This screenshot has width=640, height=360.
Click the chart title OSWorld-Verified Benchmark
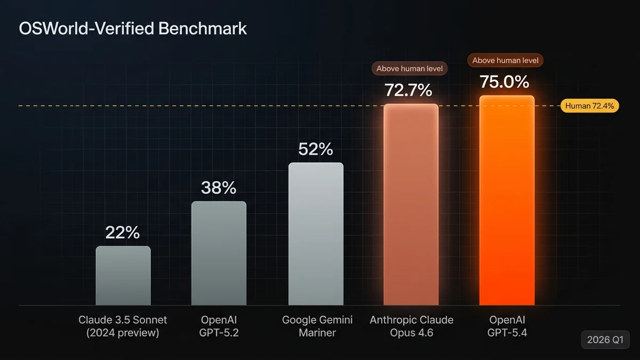coord(133,28)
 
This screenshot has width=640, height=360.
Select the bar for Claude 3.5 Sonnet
coord(123,276)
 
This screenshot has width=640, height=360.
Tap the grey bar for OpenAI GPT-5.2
coord(219,253)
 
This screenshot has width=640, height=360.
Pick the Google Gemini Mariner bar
coord(316,234)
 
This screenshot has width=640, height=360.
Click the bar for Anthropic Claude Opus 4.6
coord(411,205)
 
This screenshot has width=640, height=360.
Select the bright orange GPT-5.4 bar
coord(507,201)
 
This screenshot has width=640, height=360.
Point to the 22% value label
coord(123,233)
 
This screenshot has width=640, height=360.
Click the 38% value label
coord(219,188)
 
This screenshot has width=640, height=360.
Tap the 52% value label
coord(316,149)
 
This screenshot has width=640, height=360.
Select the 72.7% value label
coord(409,90)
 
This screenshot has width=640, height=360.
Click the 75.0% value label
coord(505,82)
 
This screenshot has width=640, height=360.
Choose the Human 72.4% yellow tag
coord(589,106)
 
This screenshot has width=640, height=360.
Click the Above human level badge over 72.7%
coord(410,68)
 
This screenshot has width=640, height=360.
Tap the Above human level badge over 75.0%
coord(505,60)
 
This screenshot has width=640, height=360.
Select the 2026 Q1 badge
coord(605,339)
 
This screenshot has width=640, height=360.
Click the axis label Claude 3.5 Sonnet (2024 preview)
coord(123,326)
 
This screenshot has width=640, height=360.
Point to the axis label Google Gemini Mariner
coord(317,326)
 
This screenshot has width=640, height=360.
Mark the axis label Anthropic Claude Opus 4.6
coord(412,326)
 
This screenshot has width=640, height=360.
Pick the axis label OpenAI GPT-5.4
coord(507,326)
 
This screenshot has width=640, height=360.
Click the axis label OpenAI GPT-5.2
coord(219,326)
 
